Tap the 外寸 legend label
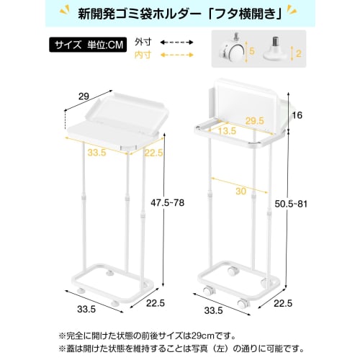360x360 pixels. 144,42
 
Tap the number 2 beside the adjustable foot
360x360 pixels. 298,53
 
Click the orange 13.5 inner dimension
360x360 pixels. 229,132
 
